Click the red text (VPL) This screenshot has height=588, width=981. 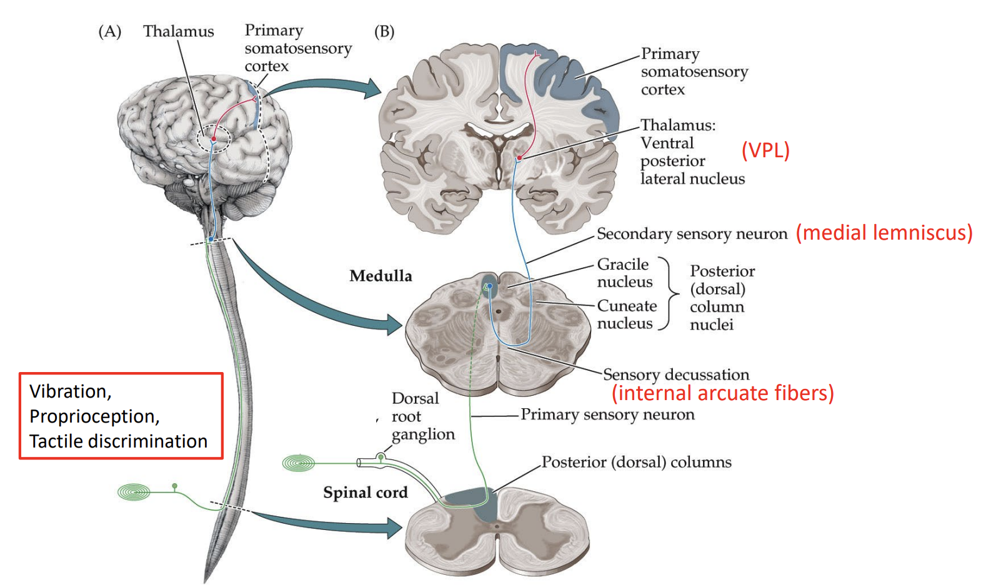765,150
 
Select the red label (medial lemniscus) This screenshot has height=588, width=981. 884,233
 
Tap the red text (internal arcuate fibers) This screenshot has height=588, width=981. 722,393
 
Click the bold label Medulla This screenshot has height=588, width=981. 381,276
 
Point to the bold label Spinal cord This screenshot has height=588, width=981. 365,492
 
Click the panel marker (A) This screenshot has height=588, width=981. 110,31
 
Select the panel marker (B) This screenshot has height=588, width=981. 384,31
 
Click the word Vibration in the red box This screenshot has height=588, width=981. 70,391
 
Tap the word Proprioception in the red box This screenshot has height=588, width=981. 94,416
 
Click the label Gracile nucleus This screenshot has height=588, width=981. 624,273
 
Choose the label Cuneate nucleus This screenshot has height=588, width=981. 626,315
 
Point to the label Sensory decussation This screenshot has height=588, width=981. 675,375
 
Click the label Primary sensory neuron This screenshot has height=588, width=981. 607,414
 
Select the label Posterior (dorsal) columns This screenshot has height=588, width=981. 636,462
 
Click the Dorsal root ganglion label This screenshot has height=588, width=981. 422,416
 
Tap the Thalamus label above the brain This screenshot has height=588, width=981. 178,31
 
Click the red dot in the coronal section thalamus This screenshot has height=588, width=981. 519,158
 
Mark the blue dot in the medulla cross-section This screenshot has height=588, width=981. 490,287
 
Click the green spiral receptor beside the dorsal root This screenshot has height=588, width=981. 298,463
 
